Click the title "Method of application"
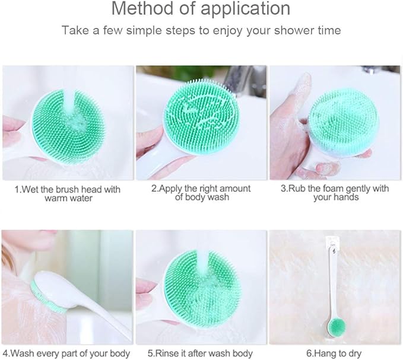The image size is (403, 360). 201,9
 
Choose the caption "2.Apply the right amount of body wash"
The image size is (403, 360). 201,193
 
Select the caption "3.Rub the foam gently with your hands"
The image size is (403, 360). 335,193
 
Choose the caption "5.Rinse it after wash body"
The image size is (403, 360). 201,354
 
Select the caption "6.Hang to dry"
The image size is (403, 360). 335,354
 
